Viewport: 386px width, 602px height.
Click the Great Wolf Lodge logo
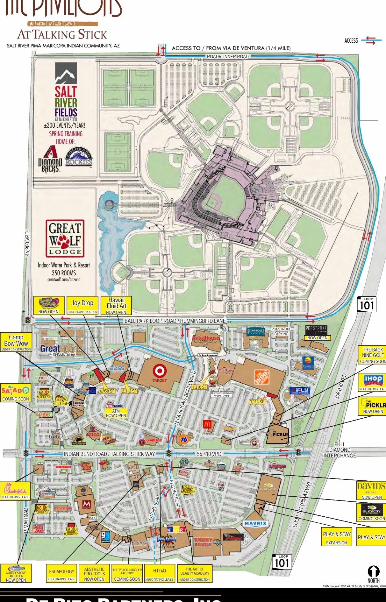coord(65,238)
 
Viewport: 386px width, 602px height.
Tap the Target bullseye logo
coord(160,371)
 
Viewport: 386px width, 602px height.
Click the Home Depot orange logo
coord(262,377)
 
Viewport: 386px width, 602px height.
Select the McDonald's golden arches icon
coord(207,424)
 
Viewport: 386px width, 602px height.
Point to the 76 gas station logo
coord(184,439)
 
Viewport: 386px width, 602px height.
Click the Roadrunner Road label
coord(228,57)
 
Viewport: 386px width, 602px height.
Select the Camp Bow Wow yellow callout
coord(16,342)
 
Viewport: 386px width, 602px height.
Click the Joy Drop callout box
coord(82,305)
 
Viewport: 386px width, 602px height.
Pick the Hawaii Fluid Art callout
coord(116,305)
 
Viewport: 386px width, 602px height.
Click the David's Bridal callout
coord(371,490)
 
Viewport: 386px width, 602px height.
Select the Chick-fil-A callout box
coord(15,491)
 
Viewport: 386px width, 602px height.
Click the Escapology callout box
coord(61,573)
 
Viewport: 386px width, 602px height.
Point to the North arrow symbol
coord(373,571)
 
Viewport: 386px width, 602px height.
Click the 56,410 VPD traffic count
coord(209,454)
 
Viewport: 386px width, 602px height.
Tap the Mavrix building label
coord(255,523)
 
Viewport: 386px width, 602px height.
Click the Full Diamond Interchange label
coord(340,450)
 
